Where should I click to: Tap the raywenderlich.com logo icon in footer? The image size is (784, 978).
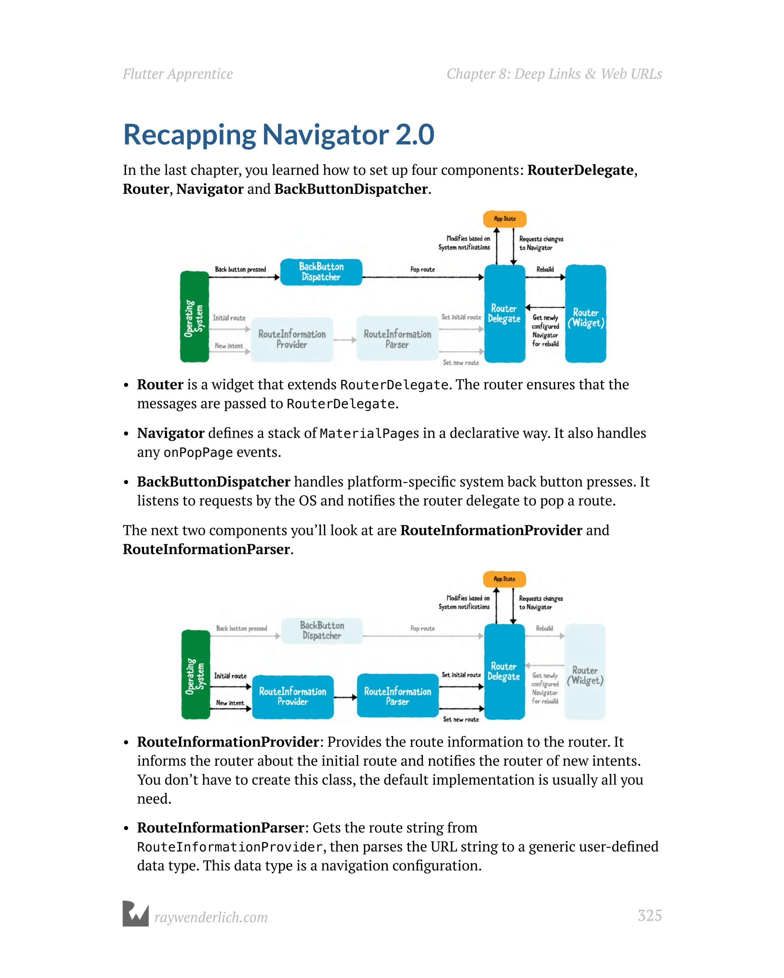pos(136,914)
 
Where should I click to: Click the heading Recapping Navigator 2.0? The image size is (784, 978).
pos(278,135)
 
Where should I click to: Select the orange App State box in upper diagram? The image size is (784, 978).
pos(505,219)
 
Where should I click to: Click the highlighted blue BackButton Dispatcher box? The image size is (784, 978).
pos(321,272)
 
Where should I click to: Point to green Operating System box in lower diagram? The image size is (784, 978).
pos(195,674)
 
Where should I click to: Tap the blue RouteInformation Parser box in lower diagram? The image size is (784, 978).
pos(397,696)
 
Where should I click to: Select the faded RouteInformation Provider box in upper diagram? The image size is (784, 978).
pos(292,339)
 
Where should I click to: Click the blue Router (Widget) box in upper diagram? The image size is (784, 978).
pos(585,314)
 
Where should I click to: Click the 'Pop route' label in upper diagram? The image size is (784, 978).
pos(422,269)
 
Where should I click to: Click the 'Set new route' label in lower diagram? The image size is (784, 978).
pos(461,719)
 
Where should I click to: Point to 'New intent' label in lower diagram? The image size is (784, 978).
pos(230,703)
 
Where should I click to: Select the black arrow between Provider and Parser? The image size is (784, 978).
pos(345,697)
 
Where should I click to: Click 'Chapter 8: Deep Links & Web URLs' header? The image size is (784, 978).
pos(554,74)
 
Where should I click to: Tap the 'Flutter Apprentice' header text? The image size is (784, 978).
pos(178,74)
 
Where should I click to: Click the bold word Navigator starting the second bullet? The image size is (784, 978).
pos(171,433)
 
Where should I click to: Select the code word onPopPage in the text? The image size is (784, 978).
pos(198,452)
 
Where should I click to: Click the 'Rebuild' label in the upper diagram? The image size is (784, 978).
pos(545,269)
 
